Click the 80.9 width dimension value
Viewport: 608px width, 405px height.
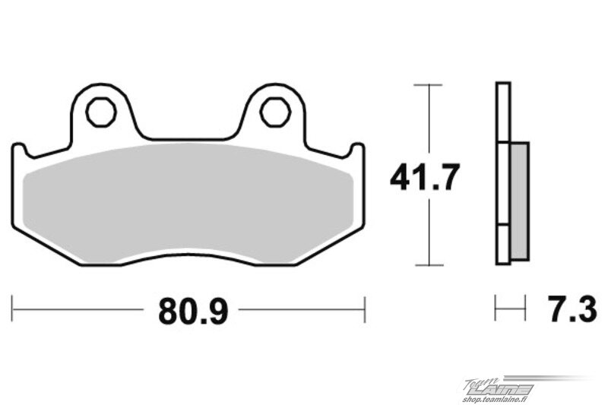[x=193, y=312]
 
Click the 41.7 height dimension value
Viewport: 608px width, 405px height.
[x=425, y=177]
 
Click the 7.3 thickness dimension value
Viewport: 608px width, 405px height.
[x=572, y=309]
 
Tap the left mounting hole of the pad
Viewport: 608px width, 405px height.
[x=101, y=112]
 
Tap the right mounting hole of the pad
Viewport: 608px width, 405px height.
[x=276, y=112]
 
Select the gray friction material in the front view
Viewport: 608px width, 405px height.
[x=188, y=204]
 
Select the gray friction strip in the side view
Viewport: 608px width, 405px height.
[x=519, y=201]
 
